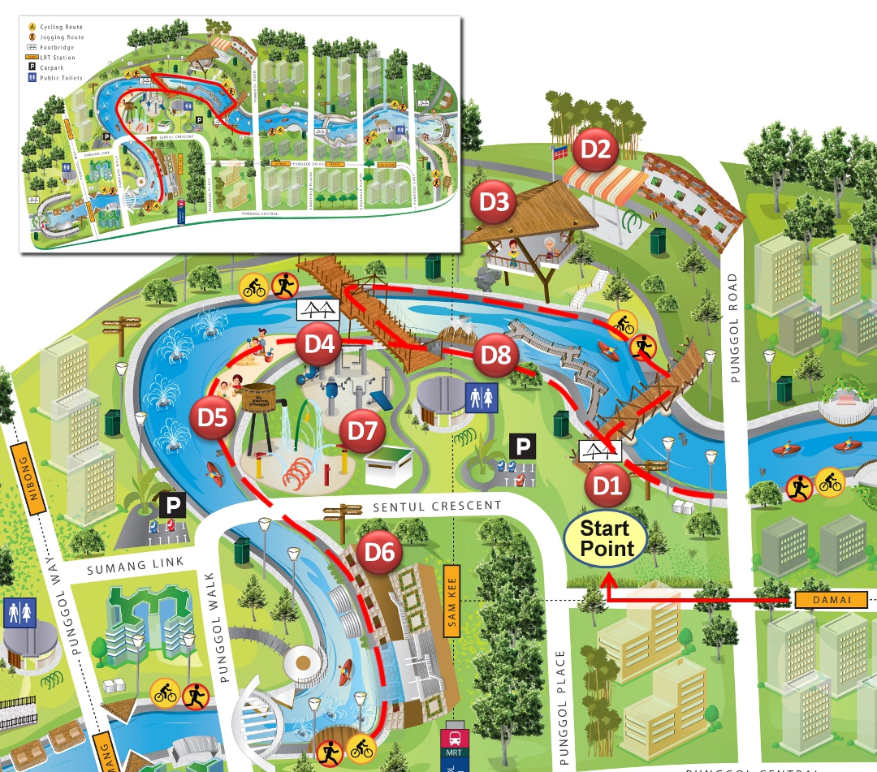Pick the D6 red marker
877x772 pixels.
click(x=379, y=553)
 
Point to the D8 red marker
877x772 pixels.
click(x=495, y=355)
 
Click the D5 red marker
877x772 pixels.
click(x=213, y=419)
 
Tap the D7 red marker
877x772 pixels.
click(x=361, y=430)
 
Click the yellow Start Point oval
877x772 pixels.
click(x=605, y=539)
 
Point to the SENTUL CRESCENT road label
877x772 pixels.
click(x=438, y=507)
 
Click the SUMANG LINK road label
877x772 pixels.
click(x=136, y=565)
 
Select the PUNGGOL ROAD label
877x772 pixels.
click(x=733, y=316)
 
